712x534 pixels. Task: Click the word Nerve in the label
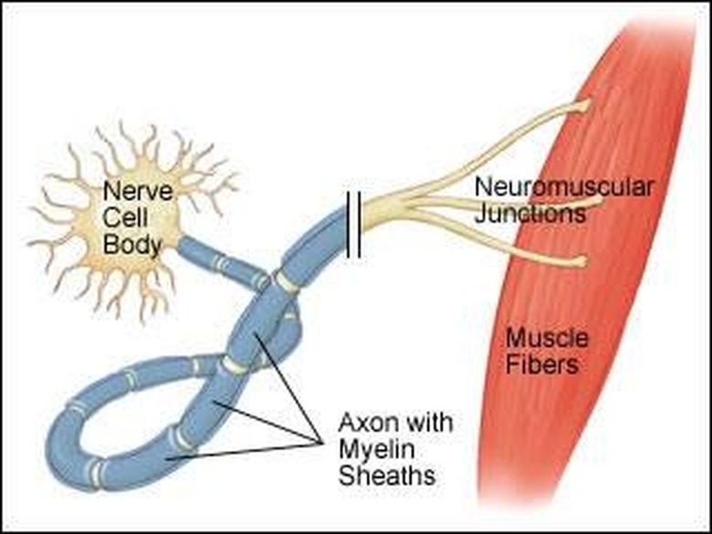[138, 191]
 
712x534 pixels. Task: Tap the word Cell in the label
[125, 218]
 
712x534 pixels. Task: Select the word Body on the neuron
[132, 246]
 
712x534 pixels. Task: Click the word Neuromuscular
[564, 186]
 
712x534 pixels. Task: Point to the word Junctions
[530, 213]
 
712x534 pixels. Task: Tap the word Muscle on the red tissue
[547, 338]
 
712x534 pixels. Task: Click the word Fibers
[542, 364]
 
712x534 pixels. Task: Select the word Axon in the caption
[367, 423]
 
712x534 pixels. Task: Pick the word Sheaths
[387, 475]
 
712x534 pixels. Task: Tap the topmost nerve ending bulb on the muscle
[582, 106]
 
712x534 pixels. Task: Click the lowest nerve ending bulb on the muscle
[580, 261]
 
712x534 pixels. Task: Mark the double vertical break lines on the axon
[354, 225]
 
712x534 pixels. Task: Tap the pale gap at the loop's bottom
[96, 474]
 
